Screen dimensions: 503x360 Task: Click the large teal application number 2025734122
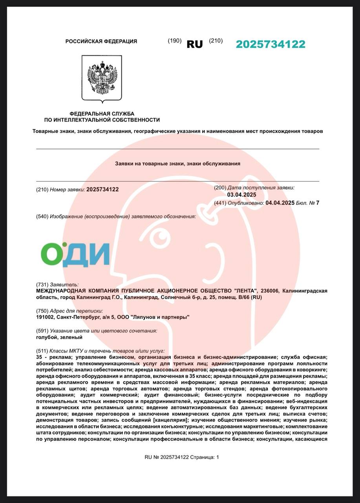coord(270,44)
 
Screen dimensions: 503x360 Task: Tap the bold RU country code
coord(195,44)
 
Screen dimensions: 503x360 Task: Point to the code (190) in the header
coord(174,40)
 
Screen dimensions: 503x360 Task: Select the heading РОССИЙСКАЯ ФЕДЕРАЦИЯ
coord(101,41)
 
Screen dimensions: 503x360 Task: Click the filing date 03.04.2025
coord(241,195)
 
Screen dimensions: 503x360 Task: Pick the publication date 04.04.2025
coord(280,203)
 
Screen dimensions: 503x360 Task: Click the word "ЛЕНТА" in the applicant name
coord(245,291)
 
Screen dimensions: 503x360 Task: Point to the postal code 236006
coord(269,291)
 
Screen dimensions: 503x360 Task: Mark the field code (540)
coord(42,217)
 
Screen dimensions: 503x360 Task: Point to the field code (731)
coord(42,285)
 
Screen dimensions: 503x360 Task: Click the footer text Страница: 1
coord(205,457)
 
